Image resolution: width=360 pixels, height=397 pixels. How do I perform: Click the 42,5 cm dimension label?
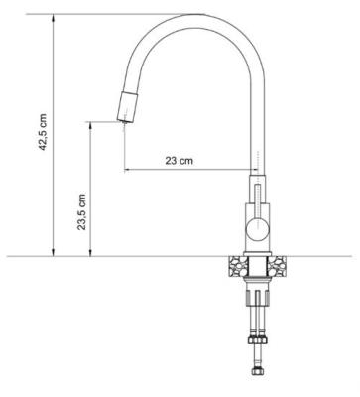[43, 132]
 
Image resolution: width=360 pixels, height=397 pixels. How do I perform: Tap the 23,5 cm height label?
[81, 212]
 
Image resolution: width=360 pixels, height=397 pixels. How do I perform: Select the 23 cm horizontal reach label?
[179, 161]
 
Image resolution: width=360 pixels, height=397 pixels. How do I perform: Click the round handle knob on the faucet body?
[257, 228]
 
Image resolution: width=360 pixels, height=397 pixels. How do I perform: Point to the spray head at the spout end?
[128, 106]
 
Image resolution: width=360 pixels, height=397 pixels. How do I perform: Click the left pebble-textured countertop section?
[238, 266]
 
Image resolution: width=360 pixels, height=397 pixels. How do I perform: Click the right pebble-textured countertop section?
[277, 266]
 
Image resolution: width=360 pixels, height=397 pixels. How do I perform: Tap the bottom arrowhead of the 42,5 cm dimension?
[53, 252]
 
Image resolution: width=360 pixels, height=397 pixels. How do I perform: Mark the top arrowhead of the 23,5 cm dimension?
[90, 126]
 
